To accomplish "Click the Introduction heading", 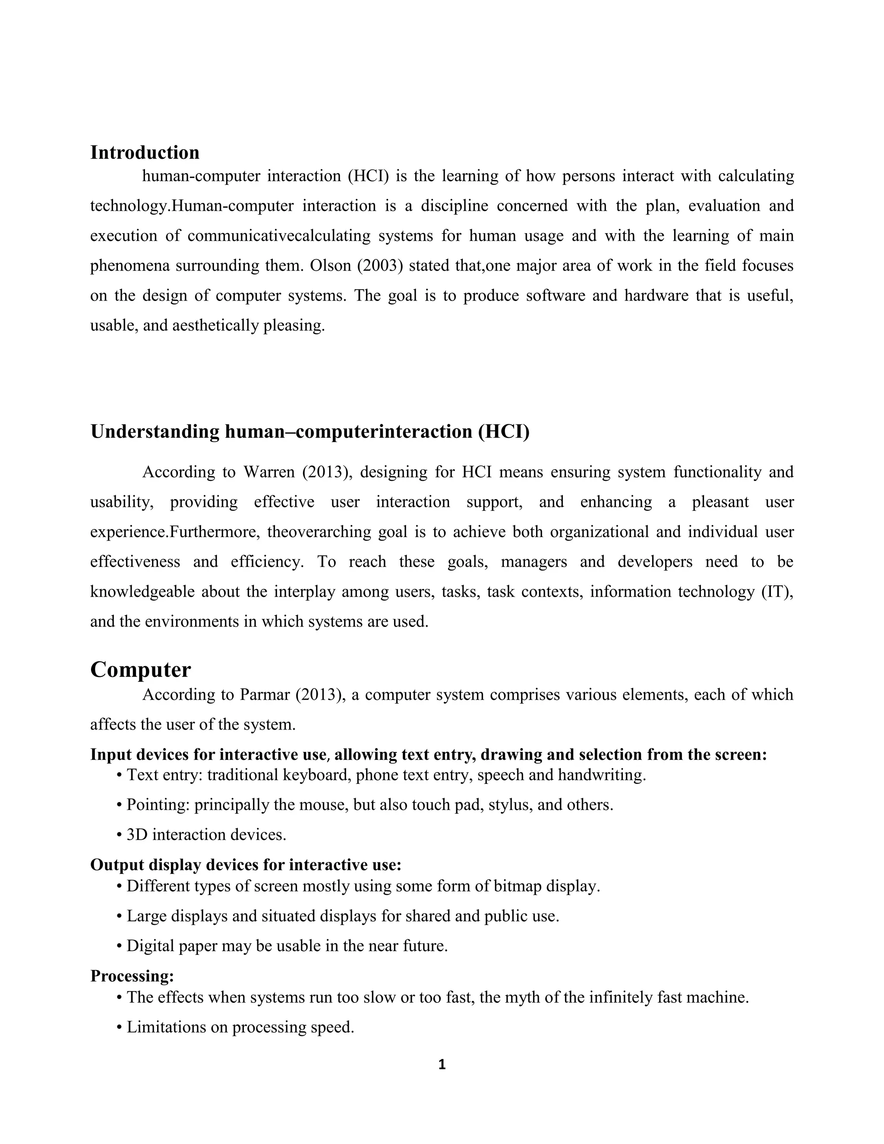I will tap(145, 152).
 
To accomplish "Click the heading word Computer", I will tap(140, 670).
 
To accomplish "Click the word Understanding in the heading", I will tap(155, 432).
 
